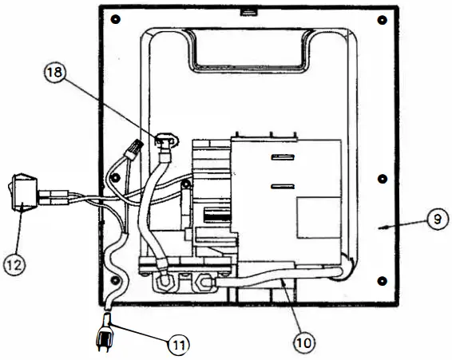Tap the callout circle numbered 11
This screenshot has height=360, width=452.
179,345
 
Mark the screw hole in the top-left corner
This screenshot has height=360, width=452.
117,19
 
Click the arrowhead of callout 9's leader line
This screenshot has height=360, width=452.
383,227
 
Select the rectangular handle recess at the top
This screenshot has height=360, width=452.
248,48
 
